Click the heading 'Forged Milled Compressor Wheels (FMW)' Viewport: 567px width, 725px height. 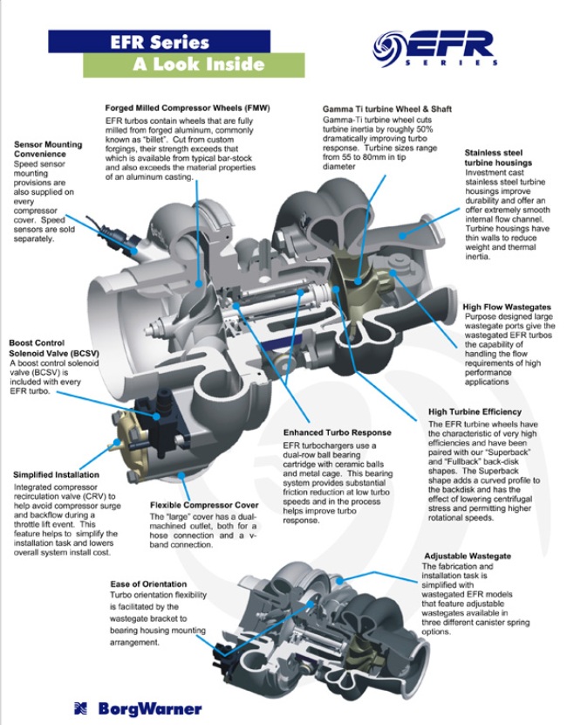[188, 107]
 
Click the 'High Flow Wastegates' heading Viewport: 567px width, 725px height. [508, 307]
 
